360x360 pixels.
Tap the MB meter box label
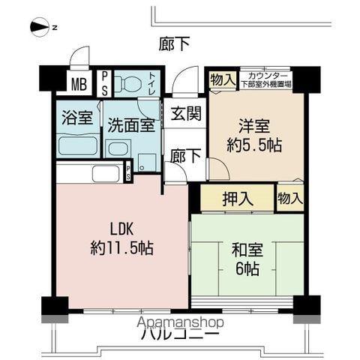coord(79,83)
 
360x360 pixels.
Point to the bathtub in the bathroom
coord(78,144)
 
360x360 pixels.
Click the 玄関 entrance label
coord(184,116)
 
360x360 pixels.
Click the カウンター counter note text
coord(266,80)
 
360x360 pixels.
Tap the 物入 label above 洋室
coord(223,79)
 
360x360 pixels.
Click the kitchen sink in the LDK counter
coord(105,174)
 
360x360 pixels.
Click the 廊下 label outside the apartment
coord(174,43)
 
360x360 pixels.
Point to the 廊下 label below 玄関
coord(184,155)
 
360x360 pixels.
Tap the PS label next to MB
coord(104,82)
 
